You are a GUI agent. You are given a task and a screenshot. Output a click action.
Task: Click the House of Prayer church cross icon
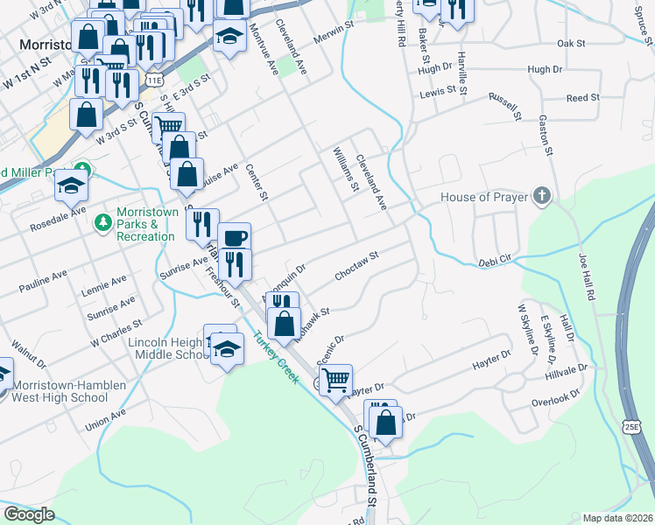(x=543, y=196)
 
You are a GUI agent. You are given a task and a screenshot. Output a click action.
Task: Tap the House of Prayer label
(x=484, y=197)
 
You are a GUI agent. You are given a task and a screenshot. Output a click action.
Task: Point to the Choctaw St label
(x=356, y=267)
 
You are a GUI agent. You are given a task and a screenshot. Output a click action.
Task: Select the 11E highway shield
(x=154, y=80)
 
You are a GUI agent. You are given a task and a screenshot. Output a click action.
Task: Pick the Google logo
(x=29, y=514)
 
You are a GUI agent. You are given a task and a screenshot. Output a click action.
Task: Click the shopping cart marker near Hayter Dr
(x=335, y=381)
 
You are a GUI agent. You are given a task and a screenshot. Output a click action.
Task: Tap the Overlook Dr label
(x=555, y=399)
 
